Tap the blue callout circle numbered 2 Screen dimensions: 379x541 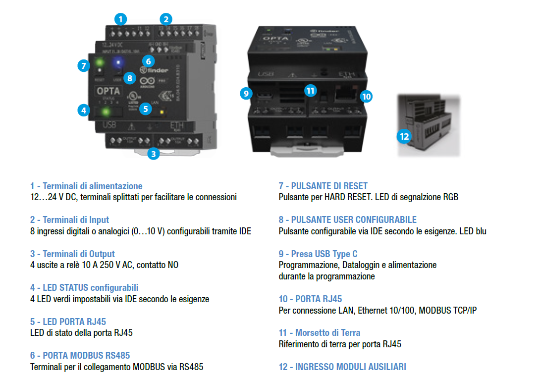166,19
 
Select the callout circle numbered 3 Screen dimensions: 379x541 154,154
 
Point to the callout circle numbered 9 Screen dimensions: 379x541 246,93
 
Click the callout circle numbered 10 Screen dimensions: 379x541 366,96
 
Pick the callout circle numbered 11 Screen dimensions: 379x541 311,90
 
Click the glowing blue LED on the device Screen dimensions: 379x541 118,62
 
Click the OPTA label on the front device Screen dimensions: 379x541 108,91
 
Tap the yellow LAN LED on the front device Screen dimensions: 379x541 162,112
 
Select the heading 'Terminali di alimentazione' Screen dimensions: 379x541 86,186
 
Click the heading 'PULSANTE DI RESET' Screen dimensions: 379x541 323,186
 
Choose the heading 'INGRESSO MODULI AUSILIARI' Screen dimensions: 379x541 342,367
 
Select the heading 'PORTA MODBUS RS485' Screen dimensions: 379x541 80,356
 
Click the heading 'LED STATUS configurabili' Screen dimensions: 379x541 84,288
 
